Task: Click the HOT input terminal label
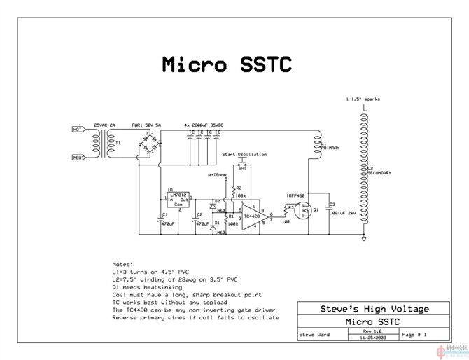(78, 130)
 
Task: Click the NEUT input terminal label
(78, 158)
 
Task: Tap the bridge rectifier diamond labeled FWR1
(148, 142)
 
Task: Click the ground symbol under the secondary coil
(364, 240)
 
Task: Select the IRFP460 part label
(296, 195)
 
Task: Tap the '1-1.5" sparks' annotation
(363, 99)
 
